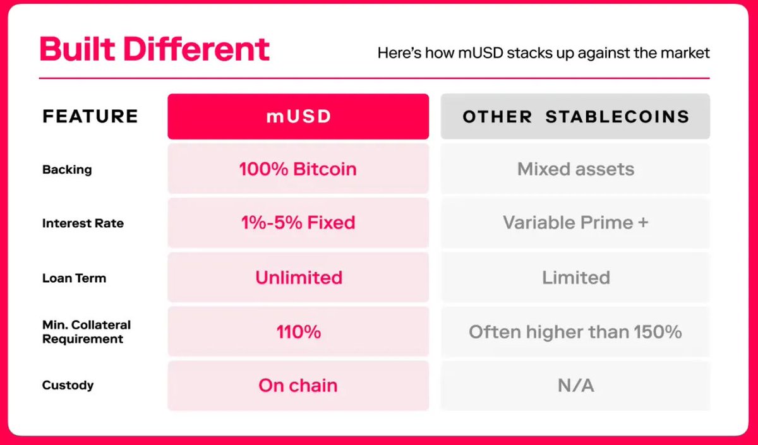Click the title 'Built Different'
coord(155,49)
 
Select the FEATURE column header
coord(90,116)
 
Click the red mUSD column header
coord(298,116)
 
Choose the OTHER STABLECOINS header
coord(575,116)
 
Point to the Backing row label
coord(67,169)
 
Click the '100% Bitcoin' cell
coord(298,169)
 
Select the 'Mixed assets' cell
coord(575,169)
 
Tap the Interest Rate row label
coord(83,223)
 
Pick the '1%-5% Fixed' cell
coord(298,222)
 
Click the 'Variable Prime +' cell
coord(575,222)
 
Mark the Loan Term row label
coord(74,278)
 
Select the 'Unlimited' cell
coord(298,277)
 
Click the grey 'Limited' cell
coord(575,277)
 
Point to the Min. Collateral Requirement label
coord(87,332)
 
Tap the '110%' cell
coord(298,331)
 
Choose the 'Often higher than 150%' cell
coord(575,331)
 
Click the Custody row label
coord(68,385)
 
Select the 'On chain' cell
coord(298,386)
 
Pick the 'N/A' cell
coord(575,386)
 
